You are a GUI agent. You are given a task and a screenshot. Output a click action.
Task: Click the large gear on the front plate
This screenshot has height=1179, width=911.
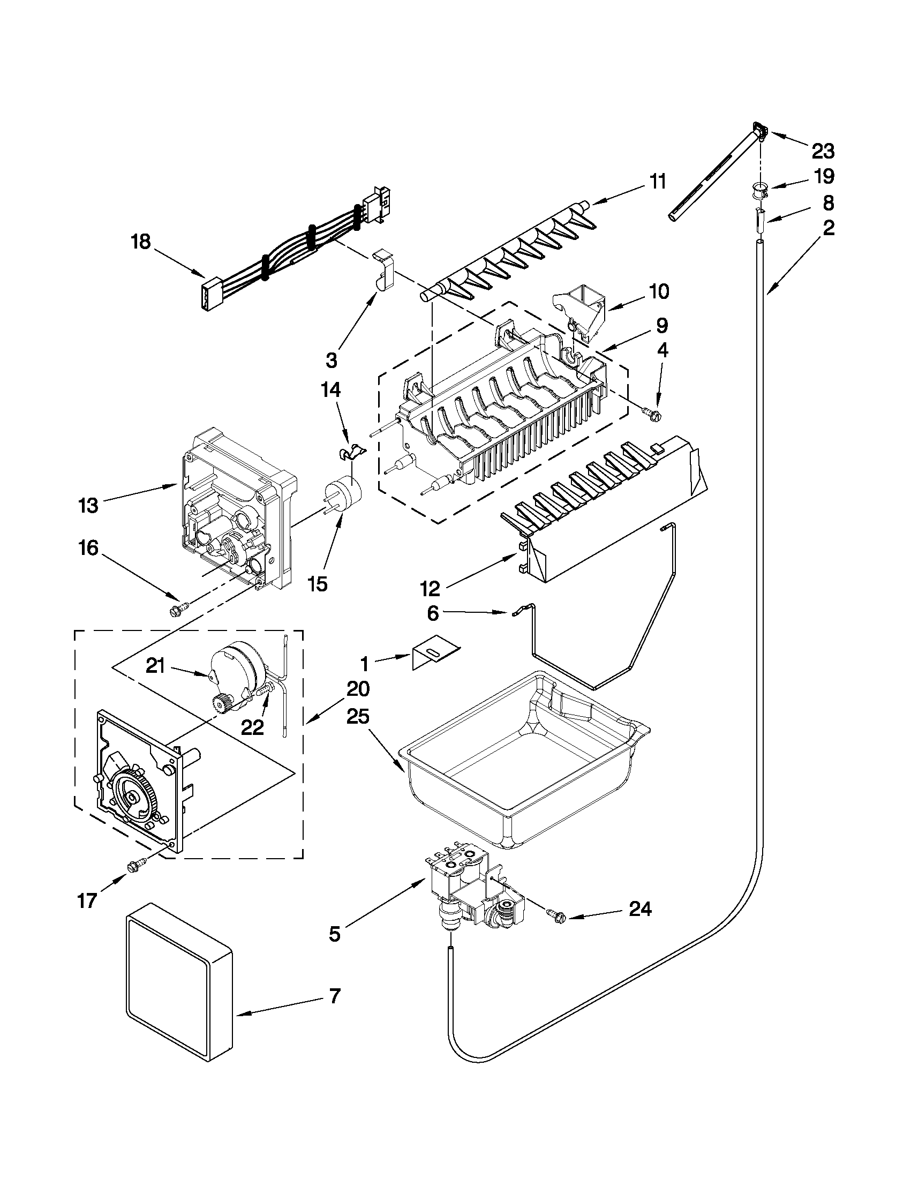tap(132, 800)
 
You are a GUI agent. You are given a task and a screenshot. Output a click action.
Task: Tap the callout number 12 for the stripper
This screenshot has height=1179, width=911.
tap(430, 588)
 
